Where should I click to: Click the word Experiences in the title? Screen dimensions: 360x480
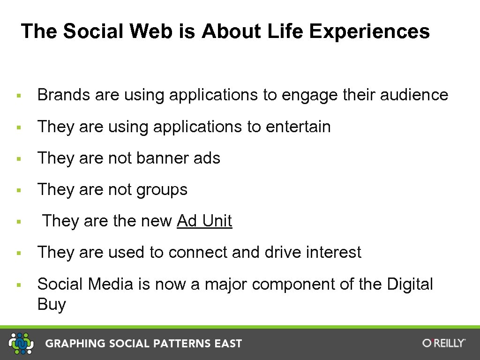(369, 32)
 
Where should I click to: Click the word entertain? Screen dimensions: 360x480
(298, 127)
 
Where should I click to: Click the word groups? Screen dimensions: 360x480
(162, 190)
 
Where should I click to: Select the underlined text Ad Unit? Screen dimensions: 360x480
(204, 221)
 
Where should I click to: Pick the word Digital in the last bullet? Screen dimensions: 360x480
(410, 284)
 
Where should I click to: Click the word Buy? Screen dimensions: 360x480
(52, 305)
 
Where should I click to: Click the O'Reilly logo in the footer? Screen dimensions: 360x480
(443, 343)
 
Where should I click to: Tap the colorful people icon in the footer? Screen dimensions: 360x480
(22, 343)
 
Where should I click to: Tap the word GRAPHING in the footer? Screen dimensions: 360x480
(75, 344)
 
